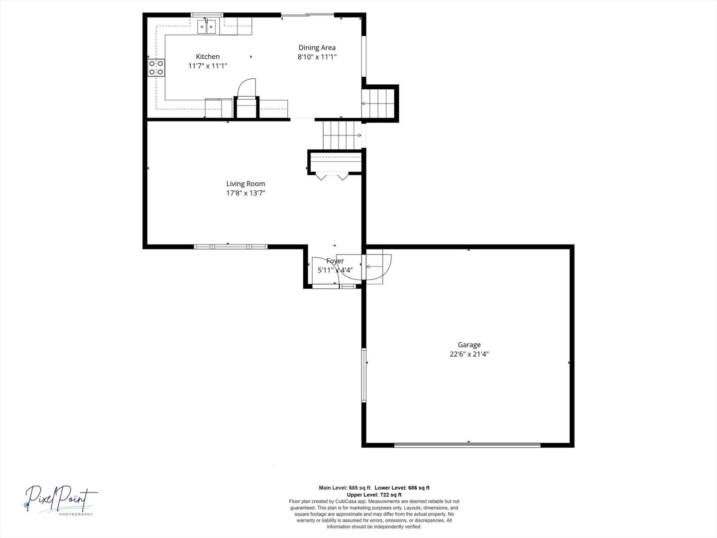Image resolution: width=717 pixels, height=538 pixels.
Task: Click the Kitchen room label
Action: [208, 56]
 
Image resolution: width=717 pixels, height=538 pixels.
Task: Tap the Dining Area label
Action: [317, 48]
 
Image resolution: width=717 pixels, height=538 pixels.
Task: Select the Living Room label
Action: [245, 184]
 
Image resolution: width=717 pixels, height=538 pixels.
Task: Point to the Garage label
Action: [469, 345]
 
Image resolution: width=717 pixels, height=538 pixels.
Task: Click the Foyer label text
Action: [335, 261]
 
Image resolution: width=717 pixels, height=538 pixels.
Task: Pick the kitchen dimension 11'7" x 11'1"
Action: [208, 66]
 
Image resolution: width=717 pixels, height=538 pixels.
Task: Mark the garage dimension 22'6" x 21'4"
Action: [469, 354]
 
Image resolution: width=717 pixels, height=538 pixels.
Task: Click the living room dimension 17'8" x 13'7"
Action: [245, 193]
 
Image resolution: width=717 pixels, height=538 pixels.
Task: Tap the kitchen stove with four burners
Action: [156, 68]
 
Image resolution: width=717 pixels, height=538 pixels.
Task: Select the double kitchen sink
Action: [207, 27]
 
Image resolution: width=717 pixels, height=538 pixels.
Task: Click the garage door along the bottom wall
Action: [468, 445]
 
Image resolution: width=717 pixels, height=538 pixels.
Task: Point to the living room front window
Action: [231, 247]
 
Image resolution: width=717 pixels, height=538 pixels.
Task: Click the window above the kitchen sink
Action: [207, 15]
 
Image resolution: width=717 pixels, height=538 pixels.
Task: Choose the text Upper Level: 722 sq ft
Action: [374, 495]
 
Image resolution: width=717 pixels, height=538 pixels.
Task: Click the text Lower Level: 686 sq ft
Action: [402, 488]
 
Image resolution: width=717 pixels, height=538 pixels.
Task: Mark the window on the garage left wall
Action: [363, 375]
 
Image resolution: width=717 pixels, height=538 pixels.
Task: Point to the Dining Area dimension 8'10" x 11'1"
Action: [317, 57]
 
